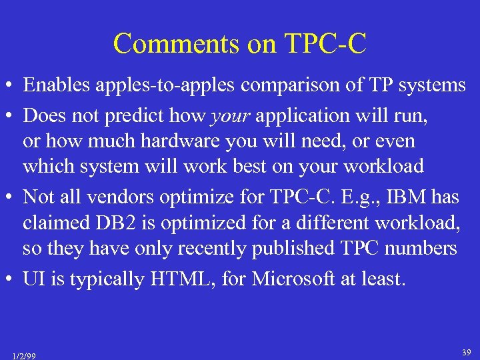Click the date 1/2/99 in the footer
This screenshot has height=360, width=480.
[25, 355]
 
